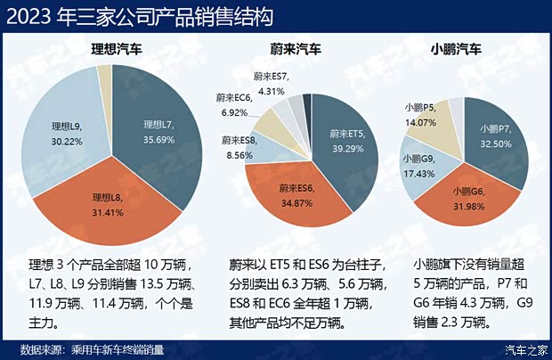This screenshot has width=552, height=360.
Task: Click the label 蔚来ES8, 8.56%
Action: pyautogui.click(x=239, y=147)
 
